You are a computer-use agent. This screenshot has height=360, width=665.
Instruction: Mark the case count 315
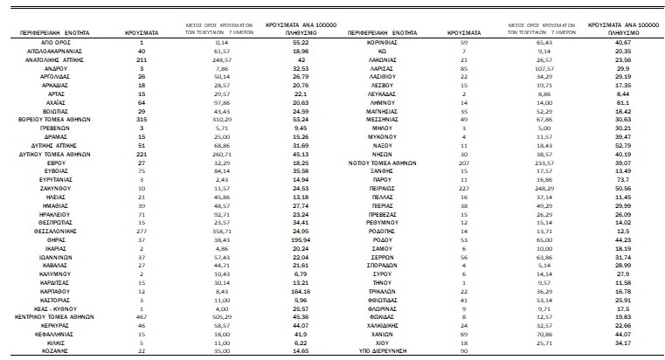coord(142,114)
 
